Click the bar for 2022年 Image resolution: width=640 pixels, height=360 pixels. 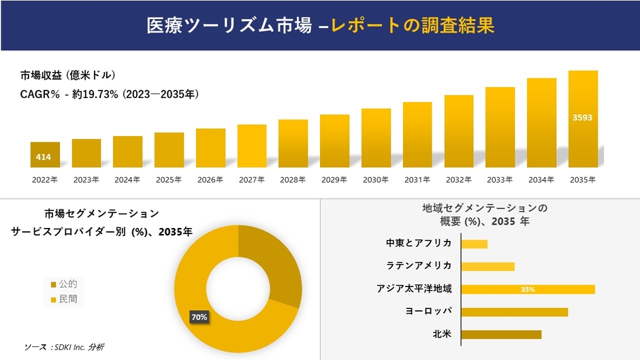pyautogui.click(x=45, y=154)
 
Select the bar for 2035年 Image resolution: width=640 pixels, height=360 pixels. pyautogui.click(x=583, y=119)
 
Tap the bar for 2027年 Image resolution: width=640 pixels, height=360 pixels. pyautogui.click(x=252, y=146)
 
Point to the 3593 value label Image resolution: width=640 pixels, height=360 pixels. pyautogui.click(x=582, y=118)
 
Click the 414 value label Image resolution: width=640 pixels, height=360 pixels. pyautogui.click(x=44, y=158)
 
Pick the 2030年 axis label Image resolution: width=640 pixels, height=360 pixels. pyautogui.click(x=376, y=180)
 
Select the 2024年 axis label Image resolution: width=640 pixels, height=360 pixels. pyautogui.click(x=127, y=180)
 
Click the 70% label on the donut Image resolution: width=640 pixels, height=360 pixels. pyautogui.click(x=199, y=317)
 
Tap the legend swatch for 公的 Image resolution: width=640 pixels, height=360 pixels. pyautogui.click(x=54, y=284)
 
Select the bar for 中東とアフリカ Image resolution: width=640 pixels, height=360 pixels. pyautogui.click(x=475, y=244)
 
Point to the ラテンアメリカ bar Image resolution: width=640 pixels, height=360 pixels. pyautogui.click(x=487, y=266)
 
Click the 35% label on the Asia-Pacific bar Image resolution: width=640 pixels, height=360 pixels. pyautogui.click(x=528, y=289)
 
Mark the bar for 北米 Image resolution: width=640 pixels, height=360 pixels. pyautogui.click(x=501, y=334)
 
